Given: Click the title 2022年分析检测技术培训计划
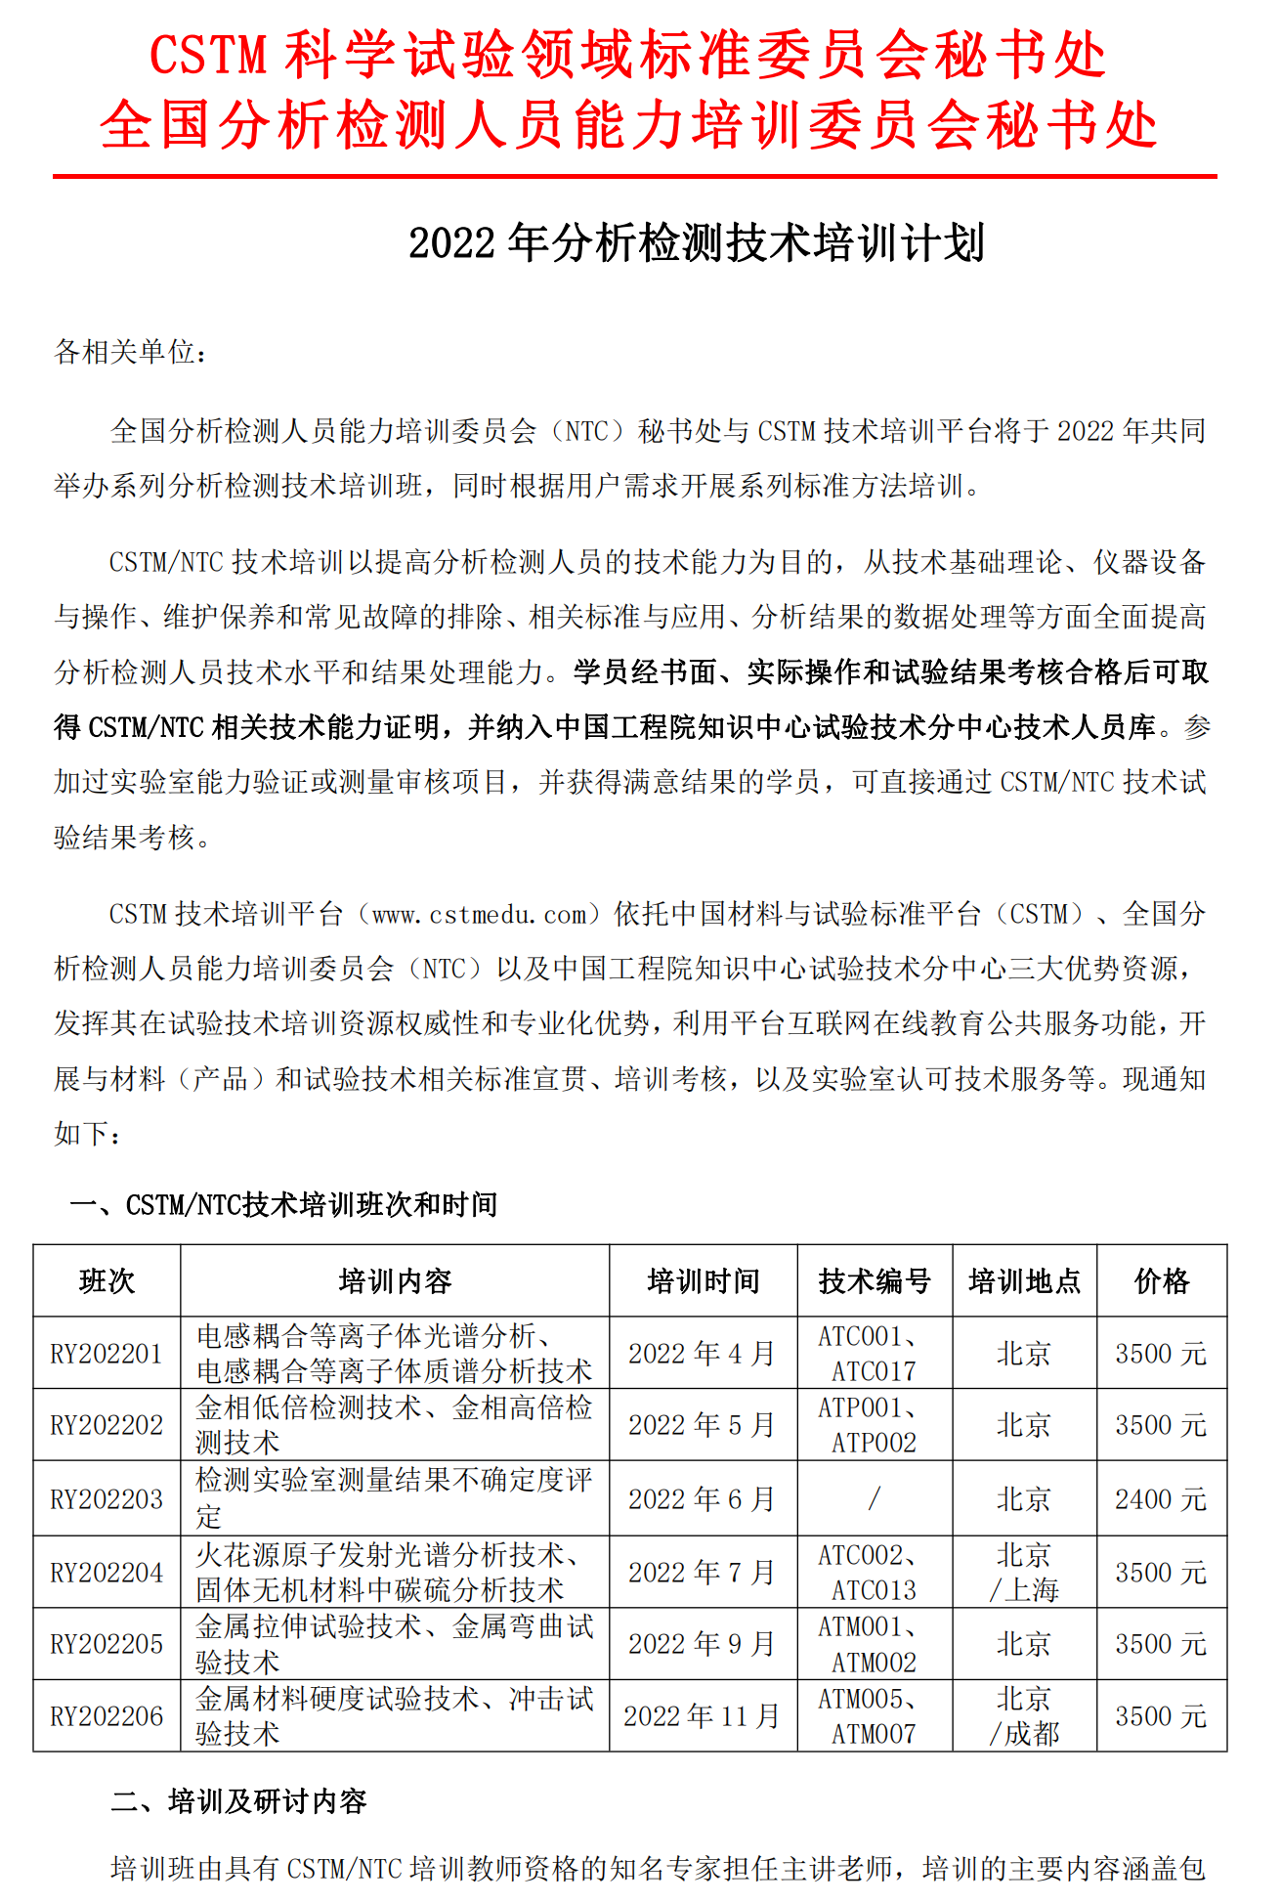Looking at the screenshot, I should point(696,243).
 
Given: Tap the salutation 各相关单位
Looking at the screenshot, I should point(130,352).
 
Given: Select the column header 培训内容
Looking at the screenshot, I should point(395,1280).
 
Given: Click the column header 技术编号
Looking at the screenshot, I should point(875,1280).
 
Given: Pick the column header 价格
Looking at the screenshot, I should point(1161,1280).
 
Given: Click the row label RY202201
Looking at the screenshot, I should point(107,1354).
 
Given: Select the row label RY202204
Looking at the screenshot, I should point(107,1573).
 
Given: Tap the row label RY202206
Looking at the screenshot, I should point(107,1716).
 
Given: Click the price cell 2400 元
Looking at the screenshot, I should point(1161,1499).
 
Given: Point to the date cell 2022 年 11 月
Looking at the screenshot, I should point(702,1716).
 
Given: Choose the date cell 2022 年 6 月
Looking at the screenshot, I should point(702,1499).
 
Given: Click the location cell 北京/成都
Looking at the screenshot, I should point(1024,1716).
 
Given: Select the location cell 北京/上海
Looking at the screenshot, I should point(1024,1573).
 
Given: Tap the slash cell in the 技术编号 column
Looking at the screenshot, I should point(875,1498).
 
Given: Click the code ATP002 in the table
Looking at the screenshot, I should point(875,1443).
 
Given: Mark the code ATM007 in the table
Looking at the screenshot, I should point(875,1734).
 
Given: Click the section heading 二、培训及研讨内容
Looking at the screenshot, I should point(238,1800).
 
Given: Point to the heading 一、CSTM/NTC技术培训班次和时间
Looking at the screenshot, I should point(283,1205).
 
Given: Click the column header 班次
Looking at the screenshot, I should point(107,1280).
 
